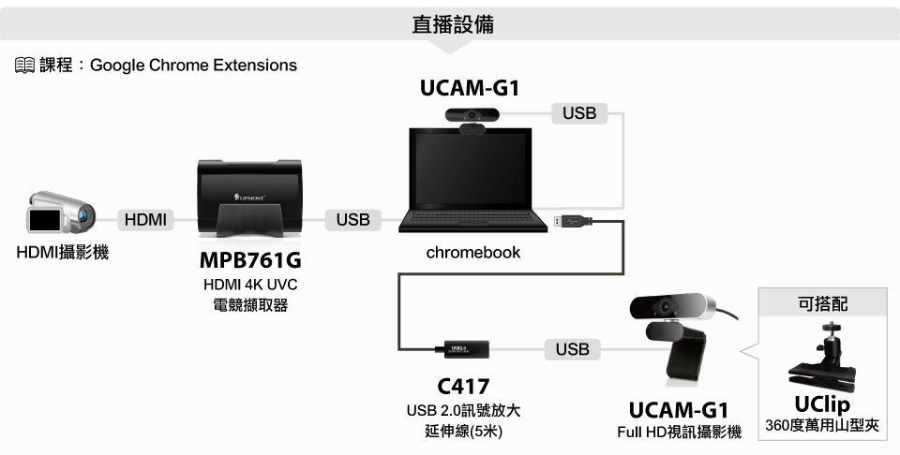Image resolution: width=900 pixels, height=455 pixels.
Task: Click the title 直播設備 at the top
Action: pyautogui.click(x=453, y=24)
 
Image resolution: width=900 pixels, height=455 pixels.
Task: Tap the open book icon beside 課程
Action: pyautogui.click(x=24, y=66)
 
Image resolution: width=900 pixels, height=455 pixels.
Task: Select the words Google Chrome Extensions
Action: pyautogui.click(x=193, y=66)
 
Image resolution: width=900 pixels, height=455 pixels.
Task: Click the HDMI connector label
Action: pyautogui.click(x=145, y=219)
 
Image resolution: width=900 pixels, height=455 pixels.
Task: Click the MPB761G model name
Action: pyautogui.click(x=250, y=260)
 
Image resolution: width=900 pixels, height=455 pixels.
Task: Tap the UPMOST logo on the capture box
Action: pyautogui.click(x=249, y=198)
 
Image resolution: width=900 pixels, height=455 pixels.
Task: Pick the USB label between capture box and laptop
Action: pyautogui.click(x=353, y=219)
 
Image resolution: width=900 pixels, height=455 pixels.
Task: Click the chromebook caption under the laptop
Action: pyautogui.click(x=472, y=252)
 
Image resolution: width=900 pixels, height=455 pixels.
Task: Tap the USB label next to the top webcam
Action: pyautogui.click(x=579, y=113)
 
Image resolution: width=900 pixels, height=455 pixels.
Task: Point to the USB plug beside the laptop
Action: pyautogui.click(x=573, y=220)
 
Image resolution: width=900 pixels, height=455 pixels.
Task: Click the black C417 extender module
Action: pyautogui.click(x=467, y=349)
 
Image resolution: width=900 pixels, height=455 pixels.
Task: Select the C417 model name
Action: pyautogui.click(x=463, y=387)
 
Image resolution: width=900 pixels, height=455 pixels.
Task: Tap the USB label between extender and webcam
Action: pyautogui.click(x=572, y=349)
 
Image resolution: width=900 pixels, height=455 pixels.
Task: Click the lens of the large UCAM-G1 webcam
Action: pyautogui.click(x=666, y=306)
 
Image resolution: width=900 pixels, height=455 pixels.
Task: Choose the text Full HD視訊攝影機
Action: pyautogui.click(x=679, y=433)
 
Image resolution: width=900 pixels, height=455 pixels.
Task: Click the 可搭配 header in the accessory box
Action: pyautogui.click(x=822, y=303)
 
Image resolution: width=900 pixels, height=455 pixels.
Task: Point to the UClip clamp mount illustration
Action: pyautogui.click(x=822, y=359)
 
